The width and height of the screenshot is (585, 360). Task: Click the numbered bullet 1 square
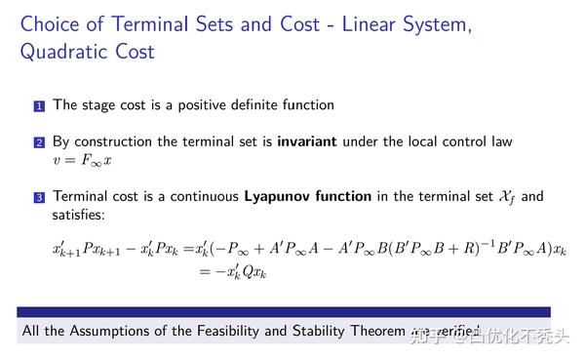pyautogui.click(x=39, y=105)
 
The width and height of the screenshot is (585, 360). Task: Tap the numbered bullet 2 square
pyautogui.click(x=39, y=142)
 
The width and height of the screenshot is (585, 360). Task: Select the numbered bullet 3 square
pyautogui.click(x=39, y=197)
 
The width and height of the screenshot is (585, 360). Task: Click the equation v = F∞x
pyautogui.click(x=83, y=159)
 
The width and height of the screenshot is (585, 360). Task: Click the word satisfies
pyautogui.click(x=82, y=214)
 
